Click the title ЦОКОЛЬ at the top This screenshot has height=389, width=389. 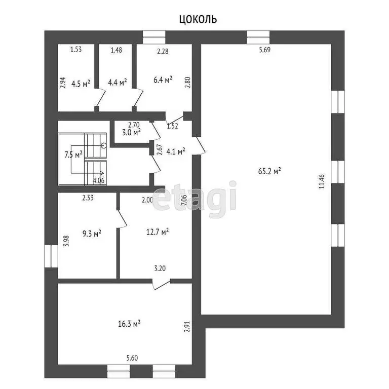tap(198, 19)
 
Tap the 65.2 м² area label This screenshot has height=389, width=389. tap(269, 171)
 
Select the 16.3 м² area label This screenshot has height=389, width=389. tap(129, 324)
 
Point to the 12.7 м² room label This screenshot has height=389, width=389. tap(158, 231)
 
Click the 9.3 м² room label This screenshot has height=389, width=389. tap(92, 233)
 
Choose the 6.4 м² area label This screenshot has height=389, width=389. tap(163, 80)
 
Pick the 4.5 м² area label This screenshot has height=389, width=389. tap(81, 84)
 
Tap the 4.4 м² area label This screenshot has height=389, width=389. tap(118, 82)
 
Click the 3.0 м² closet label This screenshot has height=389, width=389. tap(131, 132)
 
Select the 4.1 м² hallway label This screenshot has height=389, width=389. tap(176, 151)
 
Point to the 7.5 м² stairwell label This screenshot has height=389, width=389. tap(73, 155)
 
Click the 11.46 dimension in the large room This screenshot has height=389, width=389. tap(322, 182)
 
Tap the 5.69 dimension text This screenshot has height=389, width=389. tap(265, 50)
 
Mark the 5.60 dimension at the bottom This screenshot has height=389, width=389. tap(132, 358)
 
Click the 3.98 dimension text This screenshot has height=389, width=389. tap(66, 241)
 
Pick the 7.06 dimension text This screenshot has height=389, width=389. tap(184, 200)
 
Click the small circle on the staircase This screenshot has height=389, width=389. tap(104, 146)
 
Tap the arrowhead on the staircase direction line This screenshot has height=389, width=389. tap(102, 173)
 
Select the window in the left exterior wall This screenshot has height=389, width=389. tap(51, 256)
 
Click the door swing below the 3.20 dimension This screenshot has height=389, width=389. tap(161, 285)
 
